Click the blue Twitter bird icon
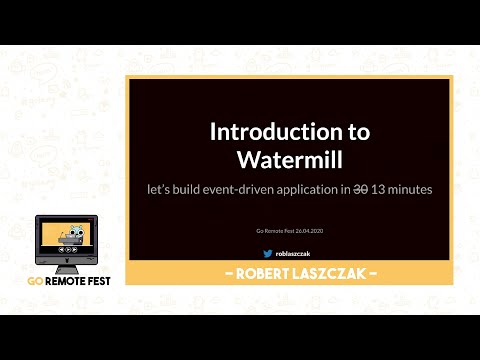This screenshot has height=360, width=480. pos(267,253)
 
